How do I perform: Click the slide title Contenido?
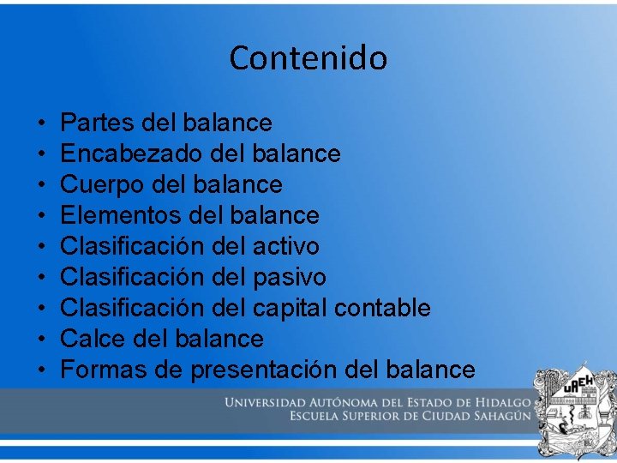[308, 58]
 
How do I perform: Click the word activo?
[286, 246]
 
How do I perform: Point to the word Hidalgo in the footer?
[506, 403]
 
